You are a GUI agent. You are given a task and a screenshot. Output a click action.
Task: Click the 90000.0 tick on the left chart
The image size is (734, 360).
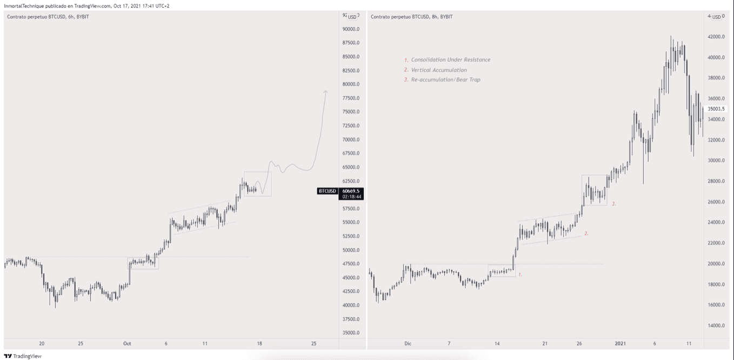pyautogui.click(x=351, y=29)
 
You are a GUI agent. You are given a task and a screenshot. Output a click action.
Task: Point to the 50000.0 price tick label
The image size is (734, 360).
pyautogui.click(x=351, y=250)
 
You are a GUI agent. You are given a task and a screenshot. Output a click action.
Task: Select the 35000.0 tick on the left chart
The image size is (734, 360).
pyautogui.click(x=351, y=333)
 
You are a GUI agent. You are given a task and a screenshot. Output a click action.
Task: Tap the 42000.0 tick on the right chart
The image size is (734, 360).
pyautogui.click(x=716, y=37)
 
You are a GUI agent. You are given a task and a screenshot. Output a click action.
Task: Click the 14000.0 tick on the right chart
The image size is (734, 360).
pyautogui.click(x=716, y=326)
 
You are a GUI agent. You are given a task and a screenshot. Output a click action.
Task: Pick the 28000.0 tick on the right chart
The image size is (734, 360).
pyautogui.click(x=716, y=182)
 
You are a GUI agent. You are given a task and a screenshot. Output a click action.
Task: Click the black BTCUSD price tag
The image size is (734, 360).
pyautogui.click(x=328, y=191)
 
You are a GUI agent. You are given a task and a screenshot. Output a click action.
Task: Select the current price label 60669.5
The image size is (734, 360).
pyautogui.click(x=351, y=191)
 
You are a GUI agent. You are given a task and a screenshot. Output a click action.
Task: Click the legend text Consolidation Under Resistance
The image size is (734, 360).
pyautogui.click(x=450, y=60)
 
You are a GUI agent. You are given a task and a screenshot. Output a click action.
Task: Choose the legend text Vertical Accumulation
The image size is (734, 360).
pyautogui.click(x=438, y=70)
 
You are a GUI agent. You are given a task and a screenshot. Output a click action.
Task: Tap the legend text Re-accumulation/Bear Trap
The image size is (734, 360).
pyautogui.click(x=445, y=80)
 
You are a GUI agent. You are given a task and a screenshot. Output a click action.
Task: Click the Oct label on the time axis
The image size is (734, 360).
pyautogui.click(x=128, y=343)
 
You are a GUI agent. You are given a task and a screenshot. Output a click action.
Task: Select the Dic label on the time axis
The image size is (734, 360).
pyautogui.click(x=408, y=343)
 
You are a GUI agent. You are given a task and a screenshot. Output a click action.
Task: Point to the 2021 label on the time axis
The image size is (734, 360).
pyautogui.click(x=620, y=343)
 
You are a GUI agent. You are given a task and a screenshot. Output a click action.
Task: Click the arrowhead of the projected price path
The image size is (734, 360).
pyautogui.click(x=326, y=91)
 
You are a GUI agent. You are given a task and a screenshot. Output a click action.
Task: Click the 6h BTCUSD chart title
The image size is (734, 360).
pyautogui.click(x=48, y=17)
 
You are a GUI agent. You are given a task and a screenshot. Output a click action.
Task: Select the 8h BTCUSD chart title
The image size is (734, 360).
pyautogui.click(x=412, y=17)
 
